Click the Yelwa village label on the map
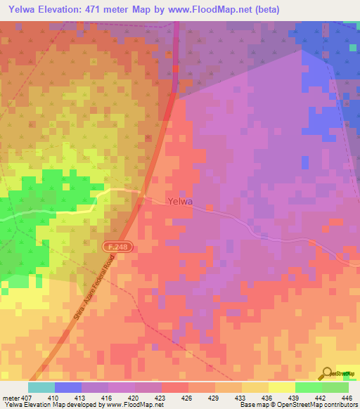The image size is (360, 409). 181,202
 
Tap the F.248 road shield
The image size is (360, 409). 118,247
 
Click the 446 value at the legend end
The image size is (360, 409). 346,397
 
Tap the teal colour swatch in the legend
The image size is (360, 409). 41,387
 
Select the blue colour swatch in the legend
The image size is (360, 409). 68,387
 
